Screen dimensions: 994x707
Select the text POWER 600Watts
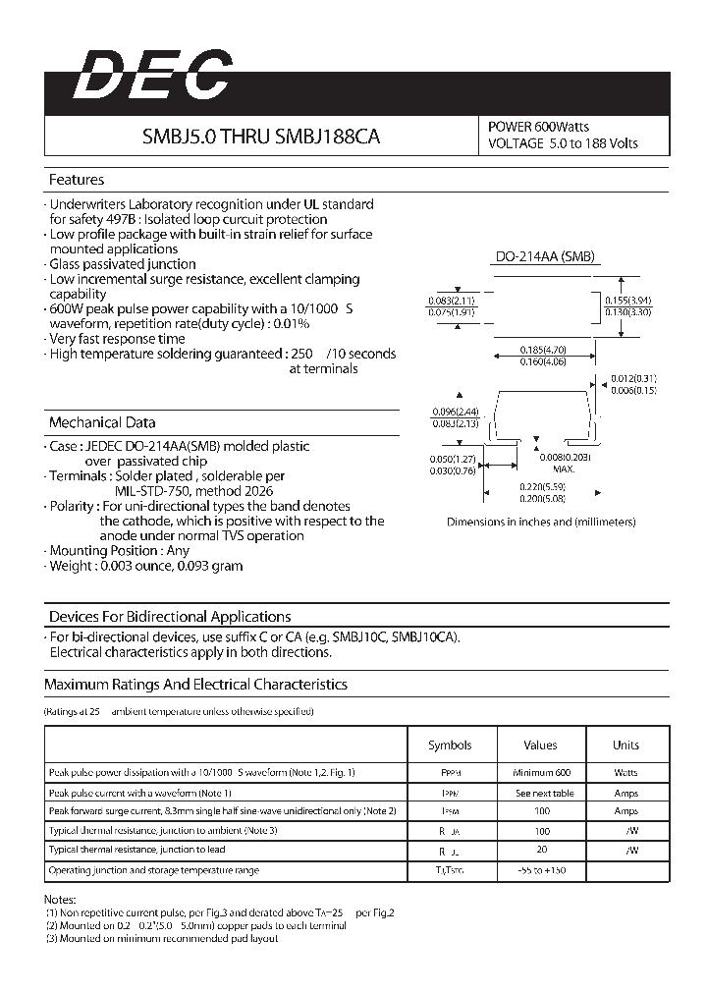point(539,127)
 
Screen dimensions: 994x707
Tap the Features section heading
point(77,180)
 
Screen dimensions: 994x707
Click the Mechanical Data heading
point(102,422)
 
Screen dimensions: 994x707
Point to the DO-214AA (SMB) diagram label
point(544,256)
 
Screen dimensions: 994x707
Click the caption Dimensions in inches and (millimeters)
point(541,522)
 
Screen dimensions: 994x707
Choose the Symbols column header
point(450,745)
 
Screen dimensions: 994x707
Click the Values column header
point(540,745)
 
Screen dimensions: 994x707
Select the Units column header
point(625,745)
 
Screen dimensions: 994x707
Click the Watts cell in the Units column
point(625,773)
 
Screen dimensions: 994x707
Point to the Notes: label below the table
point(61,899)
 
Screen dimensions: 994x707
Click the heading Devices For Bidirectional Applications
point(170,617)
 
